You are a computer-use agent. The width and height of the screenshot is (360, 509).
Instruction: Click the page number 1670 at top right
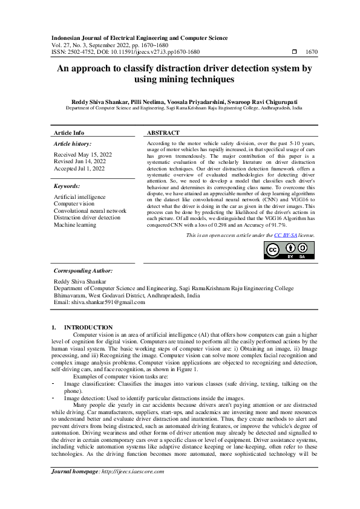coord(312,53)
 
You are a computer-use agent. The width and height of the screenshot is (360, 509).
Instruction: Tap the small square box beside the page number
coord(294,53)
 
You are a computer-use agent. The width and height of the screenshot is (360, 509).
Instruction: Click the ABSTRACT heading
coord(163,132)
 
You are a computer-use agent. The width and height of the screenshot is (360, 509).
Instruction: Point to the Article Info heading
coord(70,132)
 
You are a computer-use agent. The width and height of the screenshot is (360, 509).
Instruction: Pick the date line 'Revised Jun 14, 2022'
coord(79,161)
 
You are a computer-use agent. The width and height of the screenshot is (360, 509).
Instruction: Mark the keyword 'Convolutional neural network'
coord(90,211)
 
